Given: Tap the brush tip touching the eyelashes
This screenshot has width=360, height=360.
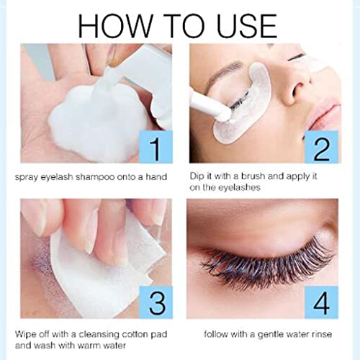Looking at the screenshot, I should coord(224,113).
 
